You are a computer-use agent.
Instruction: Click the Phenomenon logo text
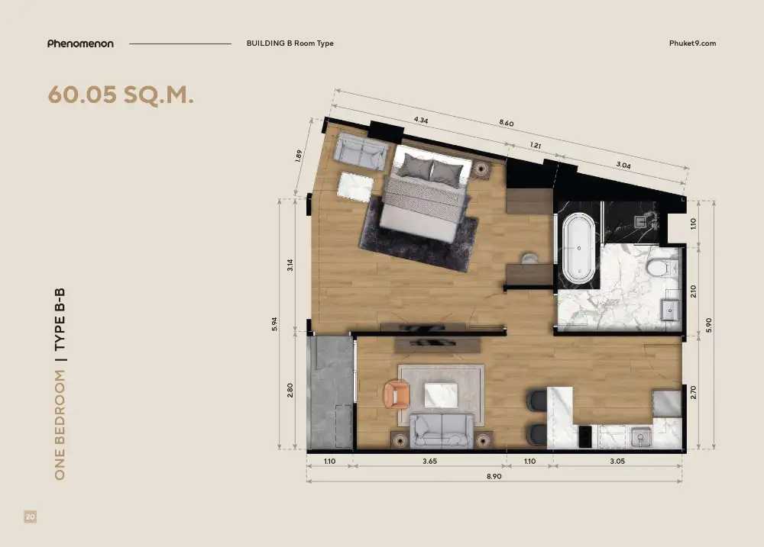click(x=80, y=43)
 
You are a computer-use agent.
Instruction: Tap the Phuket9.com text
click(x=692, y=43)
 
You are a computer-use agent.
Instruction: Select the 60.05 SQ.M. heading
click(x=121, y=95)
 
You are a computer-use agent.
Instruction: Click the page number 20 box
click(x=31, y=516)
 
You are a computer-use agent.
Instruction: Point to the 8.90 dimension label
click(x=494, y=477)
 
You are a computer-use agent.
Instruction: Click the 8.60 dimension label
click(x=507, y=123)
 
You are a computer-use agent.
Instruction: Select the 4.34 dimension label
click(x=421, y=120)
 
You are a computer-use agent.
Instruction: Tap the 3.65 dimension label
click(x=429, y=462)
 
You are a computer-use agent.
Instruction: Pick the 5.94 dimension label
click(x=275, y=324)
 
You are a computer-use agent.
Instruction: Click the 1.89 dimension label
click(x=298, y=156)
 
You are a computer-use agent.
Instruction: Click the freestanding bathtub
click(x=579, y=248)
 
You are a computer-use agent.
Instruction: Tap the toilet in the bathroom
click(x=661, y=268)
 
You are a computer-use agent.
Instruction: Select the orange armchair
click(x=397, y=394)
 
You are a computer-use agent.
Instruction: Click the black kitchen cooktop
click(x=585, y=436)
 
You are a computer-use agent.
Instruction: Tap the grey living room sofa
click(x=442, y=431)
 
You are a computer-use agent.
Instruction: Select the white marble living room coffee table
click(x=441, y=395)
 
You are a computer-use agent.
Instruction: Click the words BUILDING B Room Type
click(x=290, y=43)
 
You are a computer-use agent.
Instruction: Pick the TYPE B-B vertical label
click(x=60, y=319)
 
